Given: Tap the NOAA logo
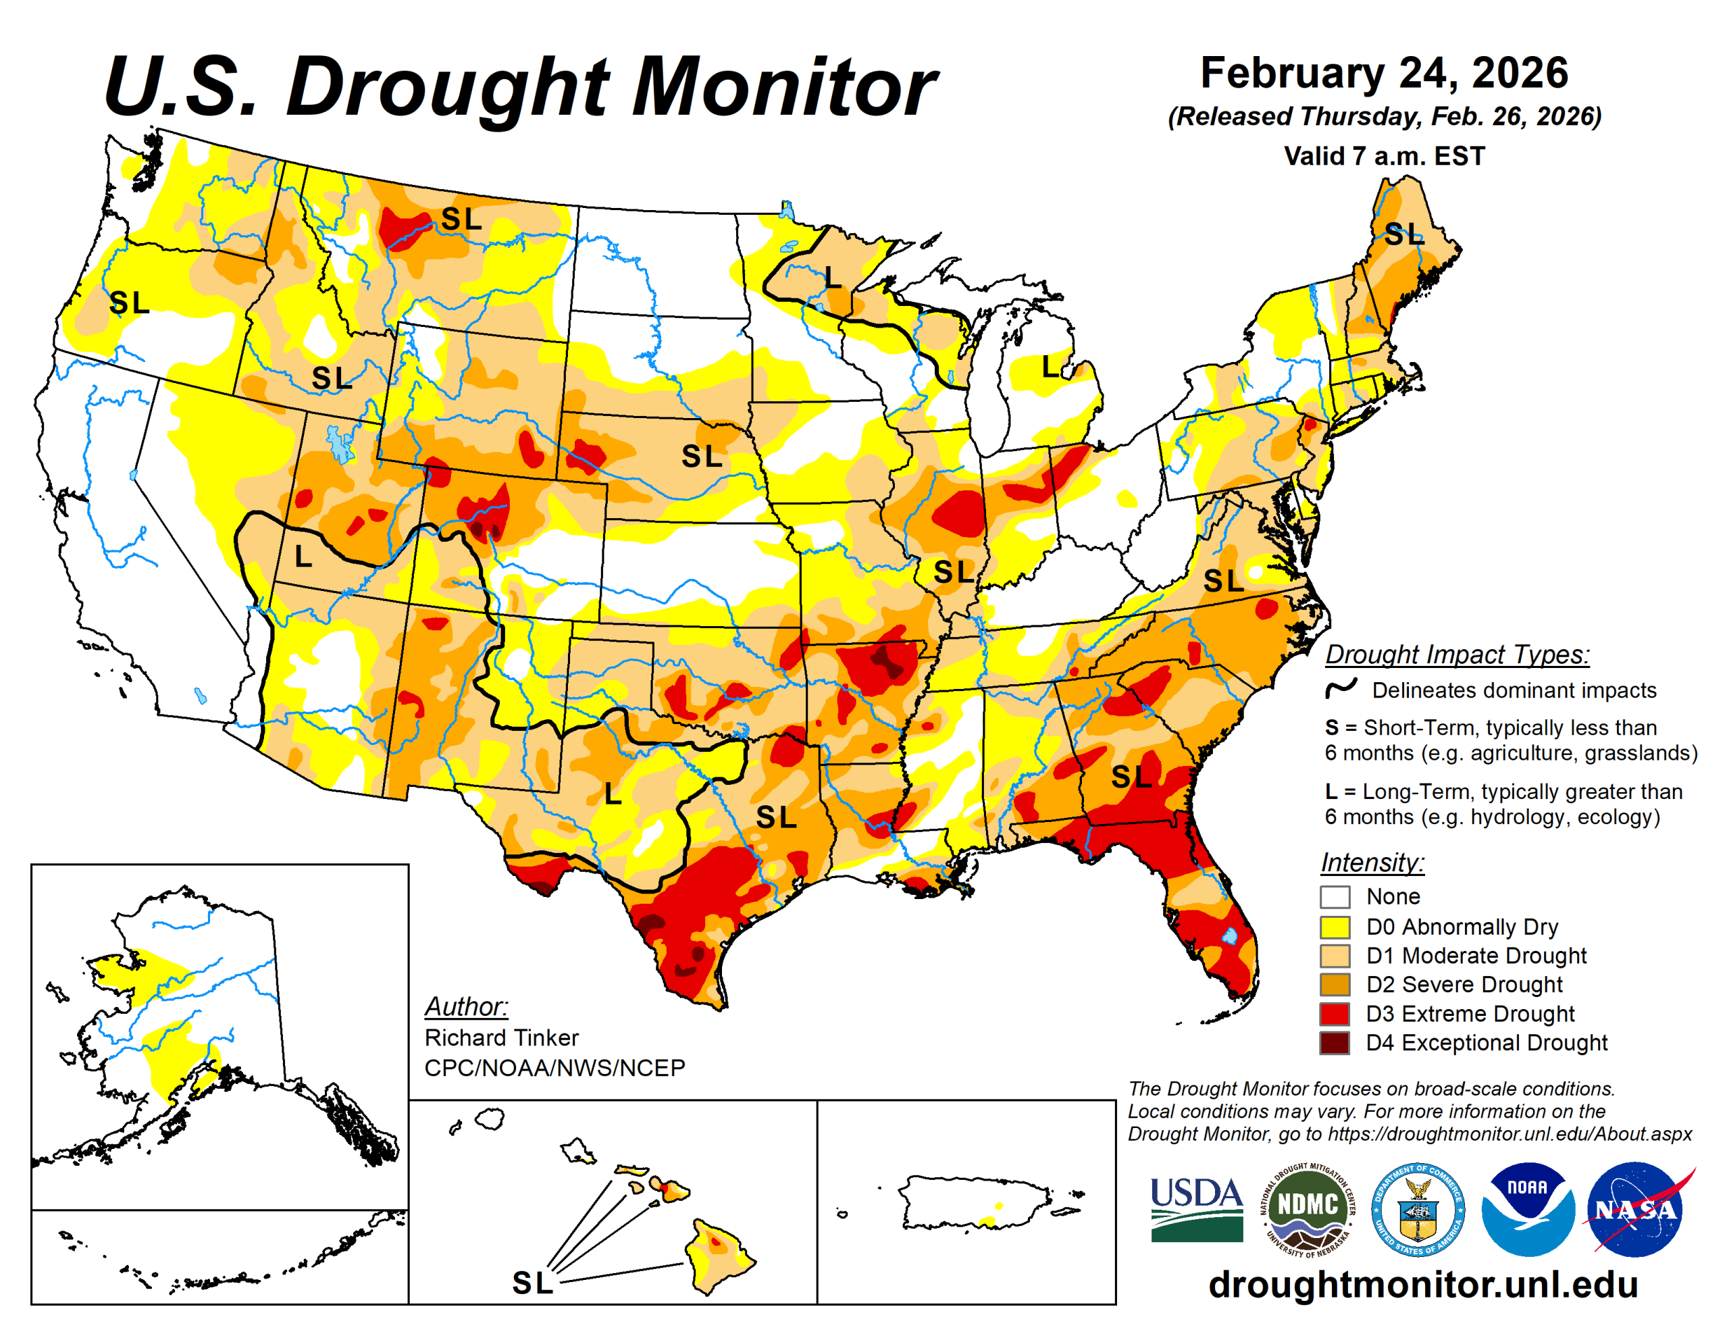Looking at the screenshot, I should pos(1527,1209).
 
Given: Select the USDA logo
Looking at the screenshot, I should pos(1197,1209).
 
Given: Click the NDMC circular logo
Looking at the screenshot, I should pos(1307,1209).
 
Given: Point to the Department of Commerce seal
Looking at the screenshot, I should pos(1417,1209).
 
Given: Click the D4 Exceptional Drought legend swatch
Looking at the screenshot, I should pos(1335,1043).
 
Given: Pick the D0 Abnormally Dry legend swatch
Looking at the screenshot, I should pos(1335,927).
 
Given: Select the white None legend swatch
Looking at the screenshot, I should pos(1335,897).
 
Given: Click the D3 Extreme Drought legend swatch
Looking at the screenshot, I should pos(1335,1014).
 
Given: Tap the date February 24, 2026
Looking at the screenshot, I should pos(1384,73).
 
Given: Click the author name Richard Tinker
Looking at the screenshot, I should pos(501,1037).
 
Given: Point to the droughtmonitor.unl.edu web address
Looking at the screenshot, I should pos(1422,1285).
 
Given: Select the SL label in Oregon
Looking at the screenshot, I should pos(129,303).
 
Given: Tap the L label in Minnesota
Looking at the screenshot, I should pos(832,277).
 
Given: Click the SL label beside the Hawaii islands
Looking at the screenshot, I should pos(532,1283).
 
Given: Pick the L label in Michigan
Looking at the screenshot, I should pos(1050,367).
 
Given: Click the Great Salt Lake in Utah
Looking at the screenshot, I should pos(341,444).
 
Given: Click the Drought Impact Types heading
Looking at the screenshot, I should pos(1457,655).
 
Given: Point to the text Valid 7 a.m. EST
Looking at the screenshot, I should pos(1384,156).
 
